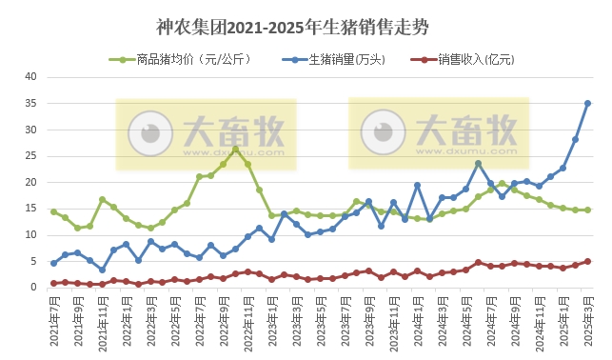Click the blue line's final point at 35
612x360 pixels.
click(x=587, y=104)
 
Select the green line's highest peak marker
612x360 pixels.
click(x=235, y=150)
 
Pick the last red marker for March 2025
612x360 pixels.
click(x=587, y=261)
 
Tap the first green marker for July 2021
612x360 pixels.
click(x=53, y=211)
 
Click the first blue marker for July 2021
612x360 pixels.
click(x=53, y=263)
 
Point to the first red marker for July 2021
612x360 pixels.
click(x=53, y=283)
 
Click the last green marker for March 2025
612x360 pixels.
click(x=587, y=210)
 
